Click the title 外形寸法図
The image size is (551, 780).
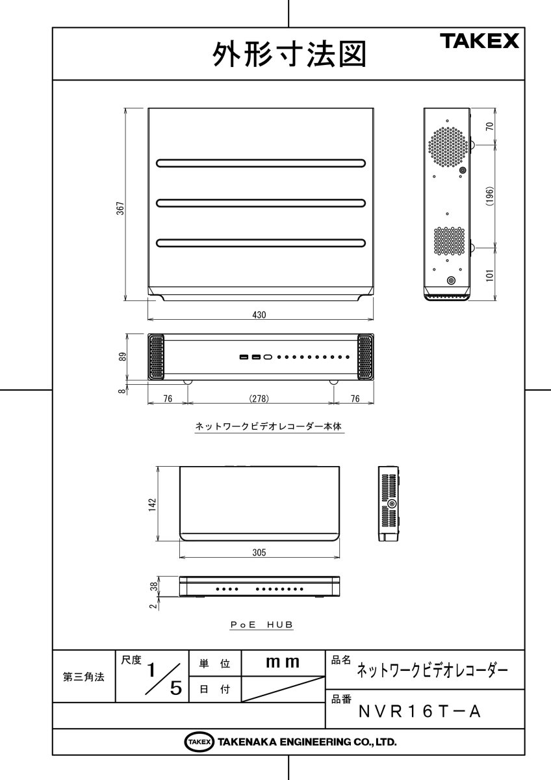(288, 55)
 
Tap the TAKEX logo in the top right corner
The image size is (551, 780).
(480, 41)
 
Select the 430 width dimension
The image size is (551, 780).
(259, 315)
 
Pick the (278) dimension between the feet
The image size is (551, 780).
(259, 398)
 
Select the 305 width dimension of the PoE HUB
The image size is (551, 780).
(259, 552)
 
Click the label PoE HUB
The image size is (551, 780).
(262, 625)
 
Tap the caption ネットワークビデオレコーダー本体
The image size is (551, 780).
(268, 428)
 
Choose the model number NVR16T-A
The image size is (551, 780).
(420, 712)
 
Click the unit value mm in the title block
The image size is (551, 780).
(283, 662)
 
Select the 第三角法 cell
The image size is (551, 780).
(83, 677)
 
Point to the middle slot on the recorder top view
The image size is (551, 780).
(261, 203)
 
